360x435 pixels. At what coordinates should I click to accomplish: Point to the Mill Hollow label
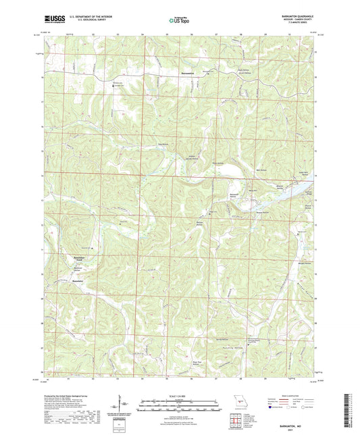pos(247,170)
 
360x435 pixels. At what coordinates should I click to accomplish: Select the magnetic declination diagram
pos(119,405)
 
